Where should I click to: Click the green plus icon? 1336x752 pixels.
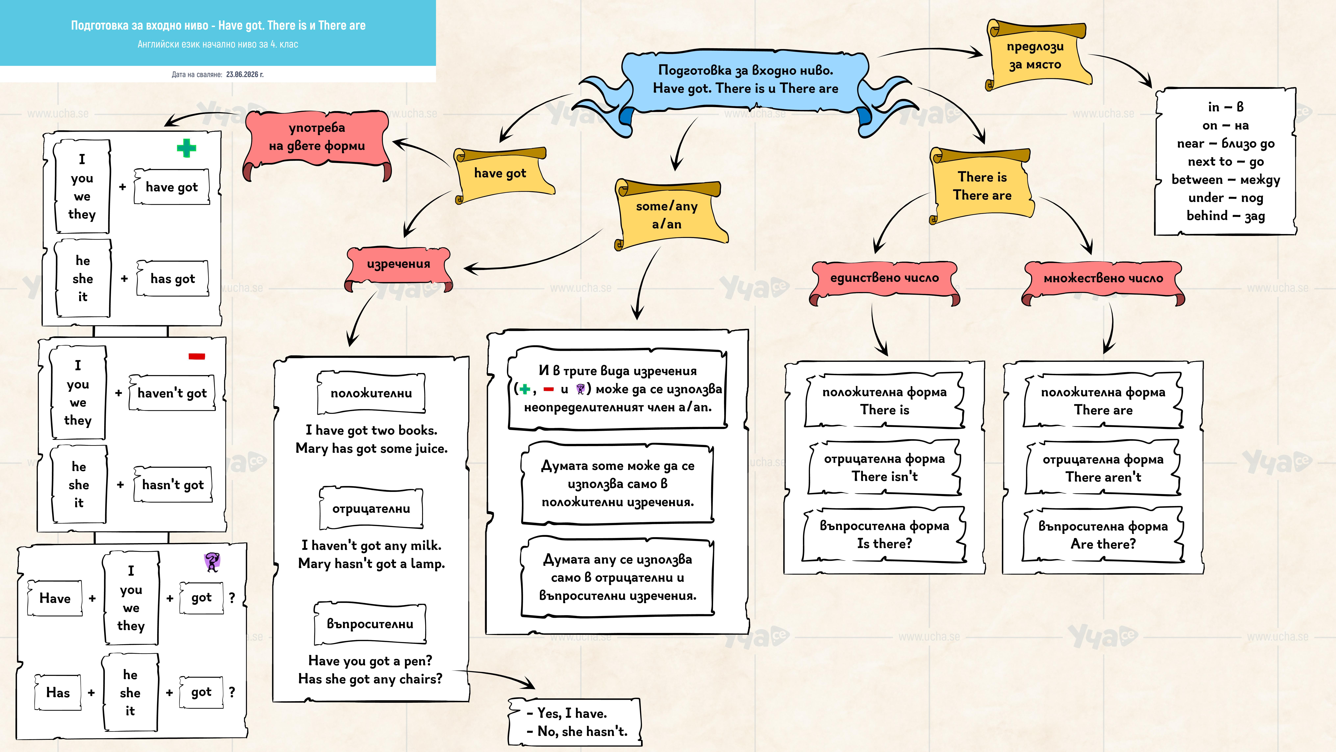click(x=186, y=148)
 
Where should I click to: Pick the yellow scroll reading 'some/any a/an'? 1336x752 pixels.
click(x=669, y=214)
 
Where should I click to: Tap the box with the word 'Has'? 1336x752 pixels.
click(x=58, y=692)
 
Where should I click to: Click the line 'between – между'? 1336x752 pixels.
click(x=1226, y=180)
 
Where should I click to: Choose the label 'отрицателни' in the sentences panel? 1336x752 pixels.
click(x=371, y=509)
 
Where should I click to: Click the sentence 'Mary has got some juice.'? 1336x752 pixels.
click(x=371, y=448)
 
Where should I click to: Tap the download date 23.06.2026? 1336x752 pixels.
click(x=245, y=74)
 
